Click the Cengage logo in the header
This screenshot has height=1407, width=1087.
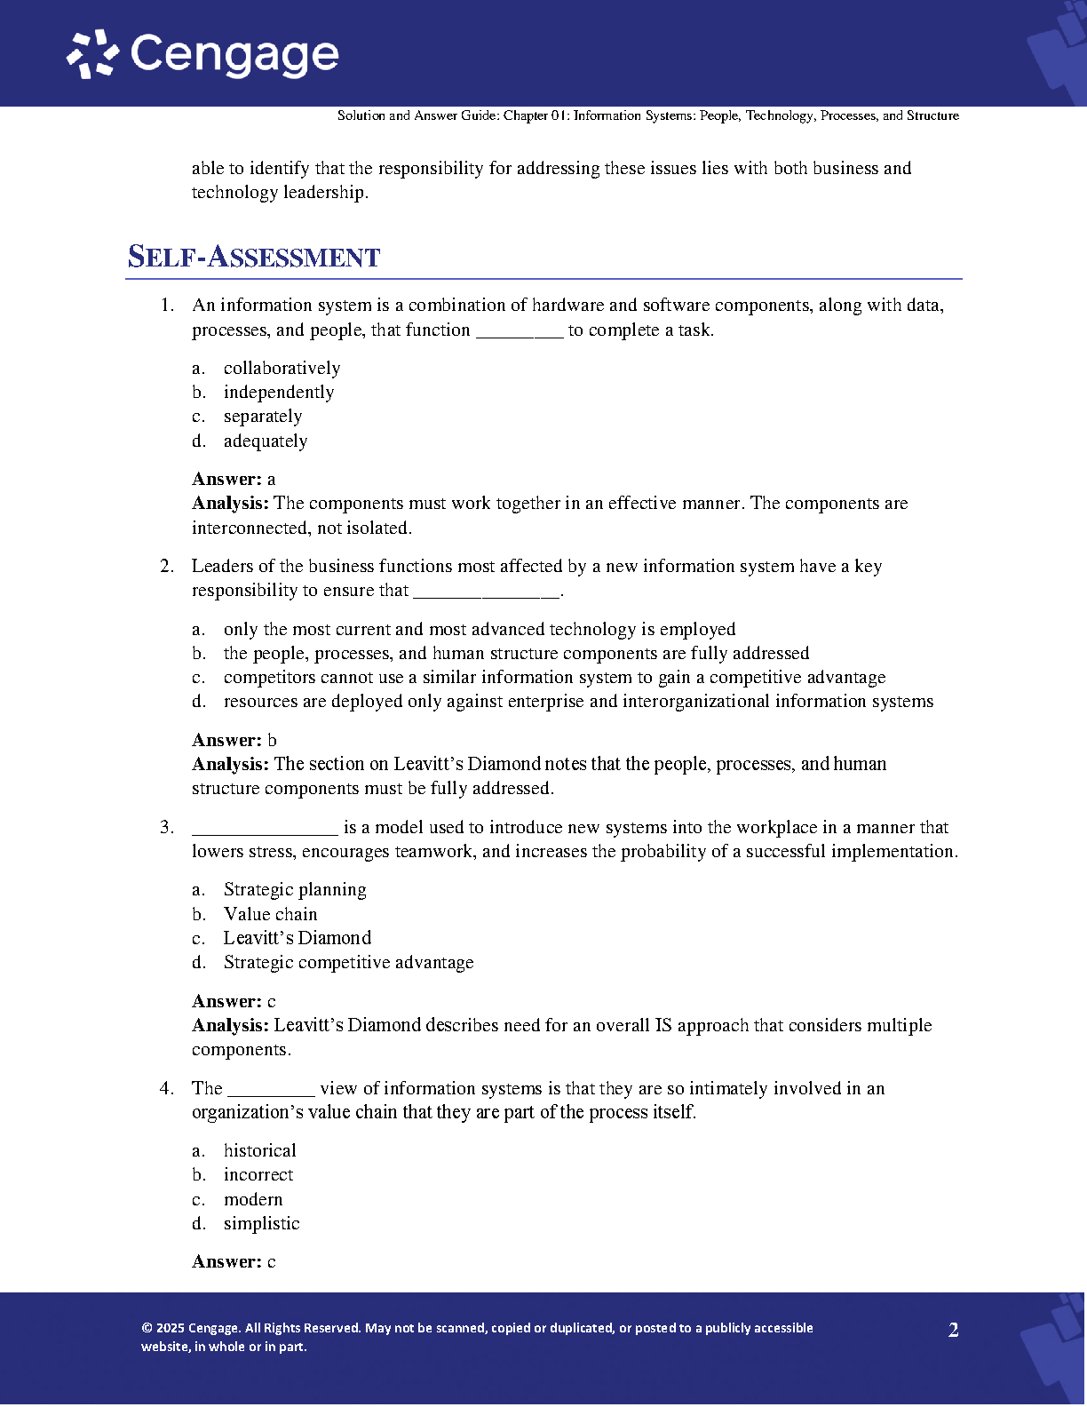[203, 54]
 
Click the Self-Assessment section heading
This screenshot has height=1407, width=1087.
[254, 257]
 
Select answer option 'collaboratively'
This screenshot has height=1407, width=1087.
[282, 369]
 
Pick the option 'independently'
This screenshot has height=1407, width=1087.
[279, 393]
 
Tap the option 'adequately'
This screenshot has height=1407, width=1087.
[266, 441]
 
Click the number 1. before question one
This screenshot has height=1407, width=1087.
[167, 306]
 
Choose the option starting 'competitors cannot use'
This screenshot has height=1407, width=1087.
[554, 678]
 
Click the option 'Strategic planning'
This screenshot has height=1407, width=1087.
[295, 890]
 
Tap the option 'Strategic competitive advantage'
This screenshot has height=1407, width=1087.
[348, 963]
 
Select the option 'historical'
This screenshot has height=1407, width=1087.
[259, 1151]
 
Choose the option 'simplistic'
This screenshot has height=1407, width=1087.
[261, 1224]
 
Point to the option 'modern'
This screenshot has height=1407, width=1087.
[253, 1200]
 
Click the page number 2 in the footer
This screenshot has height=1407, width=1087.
[953, 1331]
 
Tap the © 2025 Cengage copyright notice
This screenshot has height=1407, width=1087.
[477, 1337]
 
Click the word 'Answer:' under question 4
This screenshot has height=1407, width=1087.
[226, 1262]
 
